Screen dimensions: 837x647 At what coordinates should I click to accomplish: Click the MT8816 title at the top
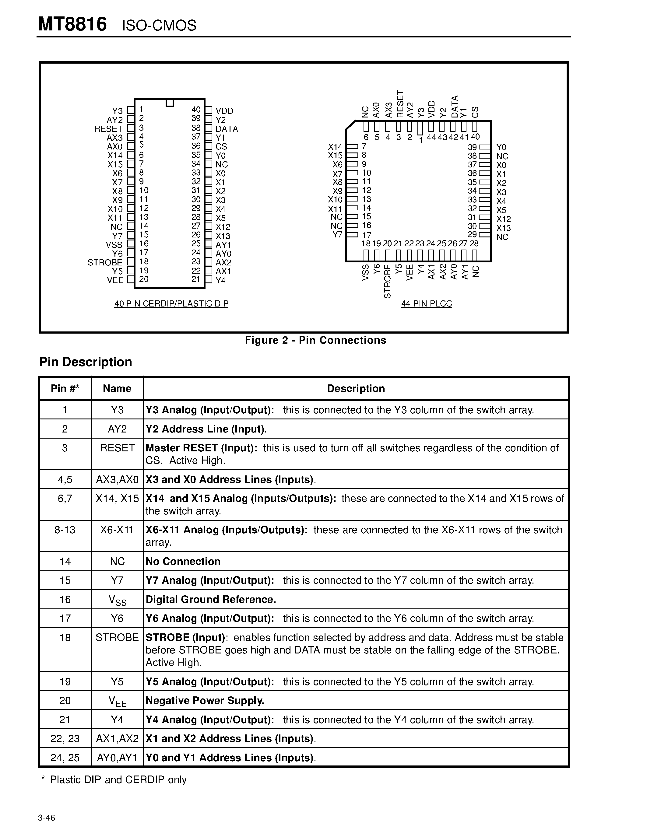pyautogui.click(x=72, y=25)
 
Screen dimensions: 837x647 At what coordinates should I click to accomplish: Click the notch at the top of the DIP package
pyautogui.click(x=169, y=103)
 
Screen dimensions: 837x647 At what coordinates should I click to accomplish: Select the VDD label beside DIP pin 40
pyautogui.click(x=224, y=111)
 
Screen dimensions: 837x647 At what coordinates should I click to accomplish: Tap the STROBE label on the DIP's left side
pyautogui.click(x=105, y=263)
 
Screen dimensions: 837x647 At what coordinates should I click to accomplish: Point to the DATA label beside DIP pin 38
pyautogui.click(x=227, y=129)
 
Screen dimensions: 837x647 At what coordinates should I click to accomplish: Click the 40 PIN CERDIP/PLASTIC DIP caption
pyautogui.click(x=171, y=303)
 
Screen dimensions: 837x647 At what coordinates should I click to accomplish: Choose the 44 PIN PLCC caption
pyautogui.click(x=426, y=303)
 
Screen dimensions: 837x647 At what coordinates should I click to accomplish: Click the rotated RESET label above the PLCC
pyautogui.click(x=400, y=104)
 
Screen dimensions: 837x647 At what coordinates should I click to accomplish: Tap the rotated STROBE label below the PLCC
pyautogui.click(x=388, y=281)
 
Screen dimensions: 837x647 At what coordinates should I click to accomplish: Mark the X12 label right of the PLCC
pyautogui.click(x=503, y=219)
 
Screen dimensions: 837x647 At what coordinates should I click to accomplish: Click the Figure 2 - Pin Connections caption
pyautogui.click(x=315, y=340)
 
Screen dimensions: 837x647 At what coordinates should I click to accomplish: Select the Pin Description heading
pyautogui.click(x=86, y=362)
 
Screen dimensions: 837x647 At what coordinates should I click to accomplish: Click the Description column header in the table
pyautogui.click(x=356, y=389)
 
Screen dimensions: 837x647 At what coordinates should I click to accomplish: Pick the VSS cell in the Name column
pyautogui.click(x=117, y=600)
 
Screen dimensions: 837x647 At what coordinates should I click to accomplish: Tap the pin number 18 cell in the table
pyautogui.click(x=65, y=637)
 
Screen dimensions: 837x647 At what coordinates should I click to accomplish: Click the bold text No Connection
pyautogui.click(x=183, y=562)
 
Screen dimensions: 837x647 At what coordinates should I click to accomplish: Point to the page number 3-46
pyautogui.click(x=46, y=818)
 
